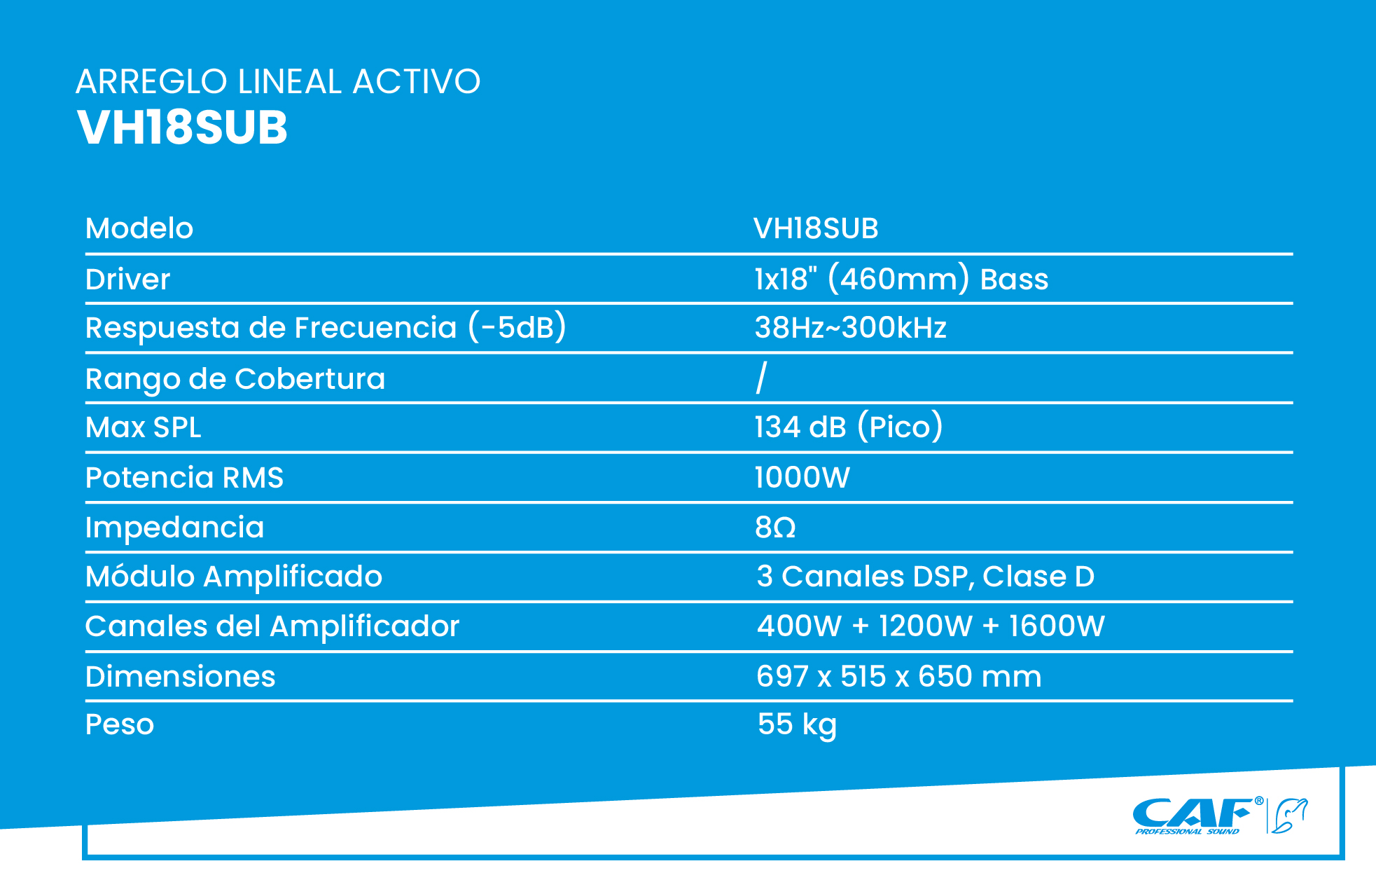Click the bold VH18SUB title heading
click(x=182, y=128)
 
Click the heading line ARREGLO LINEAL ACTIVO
click(x=278, y=81)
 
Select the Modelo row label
click(x=139, y=228)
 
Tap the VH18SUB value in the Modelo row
click(x=816, y=228)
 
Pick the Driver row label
click(x=127, y=279)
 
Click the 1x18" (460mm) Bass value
click(x=901, y=279)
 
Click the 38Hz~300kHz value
click(x=851, y=328)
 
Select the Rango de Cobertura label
click(x=235, y=379)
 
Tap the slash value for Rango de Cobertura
click(x=762, y=378)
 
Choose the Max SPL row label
click(x=144, y=427)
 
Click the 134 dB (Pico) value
click(x=849, y=427)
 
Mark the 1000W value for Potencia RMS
click(x=802, y=478)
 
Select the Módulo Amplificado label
click(x=234, y=577)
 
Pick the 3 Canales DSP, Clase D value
click(x=926, y=577)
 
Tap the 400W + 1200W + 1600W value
click(x=931, y=626)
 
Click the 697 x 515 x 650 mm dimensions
click(x=899, y=677)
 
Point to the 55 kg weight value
click(x=798, y=725)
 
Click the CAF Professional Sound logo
click(x=1220, y=816)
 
